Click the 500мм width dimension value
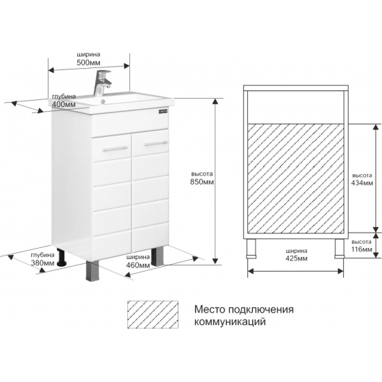[x=88, y=63]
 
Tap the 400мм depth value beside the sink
[x=64, y=104]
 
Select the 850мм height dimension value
[x=202, y=182]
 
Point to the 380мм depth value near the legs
[x=42, y=263]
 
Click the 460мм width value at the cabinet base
[x=138, y=265]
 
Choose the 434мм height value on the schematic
[x=362, y=183]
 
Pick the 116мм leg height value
[x=362, y=249]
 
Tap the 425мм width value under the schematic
[x=297, y=258]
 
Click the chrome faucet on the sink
[x=102, y=83]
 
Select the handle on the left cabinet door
[x=115, y=149]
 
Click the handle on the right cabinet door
[x=156, y=143]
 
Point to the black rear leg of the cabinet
[x=62, y=257]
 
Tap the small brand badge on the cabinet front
[x=163, y=111]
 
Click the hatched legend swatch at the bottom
[x=153, y=315]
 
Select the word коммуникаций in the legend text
[x=230, y=322]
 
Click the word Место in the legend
[x=210, y=309]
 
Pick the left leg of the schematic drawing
[x=251, y=249]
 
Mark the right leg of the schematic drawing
[x=340, y=249]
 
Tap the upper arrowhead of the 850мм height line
[x=215, y=101]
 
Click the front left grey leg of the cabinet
[x=92, y=271]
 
